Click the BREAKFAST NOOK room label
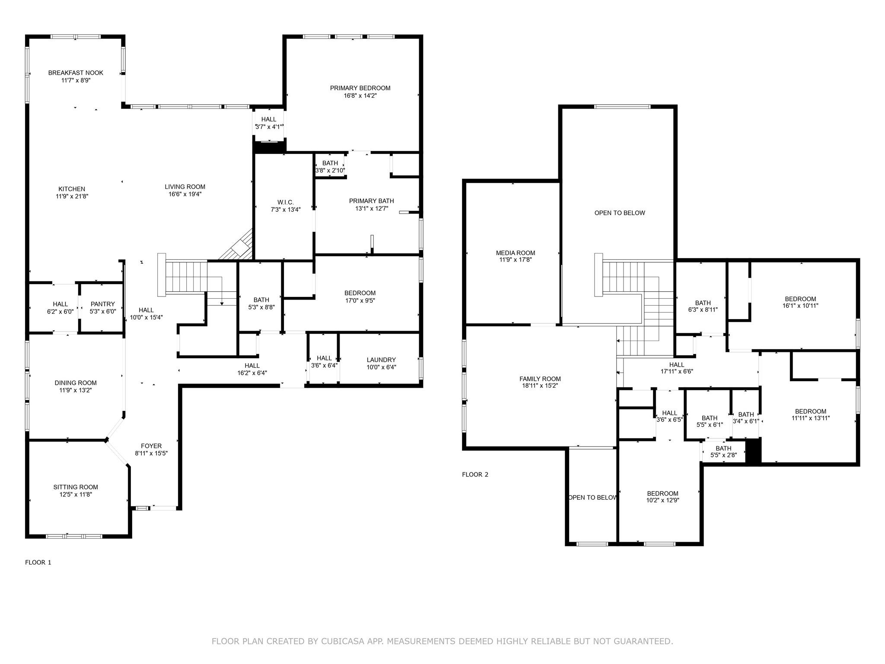pos(76,73)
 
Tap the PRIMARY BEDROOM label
pos(360,88)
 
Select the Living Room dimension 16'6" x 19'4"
pos(185,195)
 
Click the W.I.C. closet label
pos(285,202)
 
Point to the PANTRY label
pos(103,304)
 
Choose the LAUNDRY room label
pos(381,360)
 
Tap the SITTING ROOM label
pos(76,487)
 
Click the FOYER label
pos(151,446)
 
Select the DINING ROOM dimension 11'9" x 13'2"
pos(76,390)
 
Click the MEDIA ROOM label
pos(515,253)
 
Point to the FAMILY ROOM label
pos(540,379)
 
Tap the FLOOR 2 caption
pos(475,474)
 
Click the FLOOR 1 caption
pos(38,562)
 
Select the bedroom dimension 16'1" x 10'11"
pos(800,306)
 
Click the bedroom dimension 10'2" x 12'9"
pos(662,500)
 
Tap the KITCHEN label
pos(72,189)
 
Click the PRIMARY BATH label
pos(371,201)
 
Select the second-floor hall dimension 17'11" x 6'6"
pos(677,371)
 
